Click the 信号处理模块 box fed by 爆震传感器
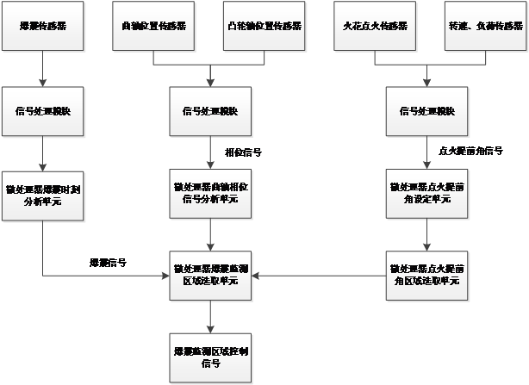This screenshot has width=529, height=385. point(43,112)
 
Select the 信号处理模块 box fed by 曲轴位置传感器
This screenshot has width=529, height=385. point(211,112)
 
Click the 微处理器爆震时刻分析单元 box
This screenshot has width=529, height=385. point(43,194)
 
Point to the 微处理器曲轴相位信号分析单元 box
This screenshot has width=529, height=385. point(211,194)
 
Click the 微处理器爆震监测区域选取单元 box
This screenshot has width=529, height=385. point(211,276)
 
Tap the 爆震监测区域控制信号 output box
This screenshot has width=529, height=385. point(211,357)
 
